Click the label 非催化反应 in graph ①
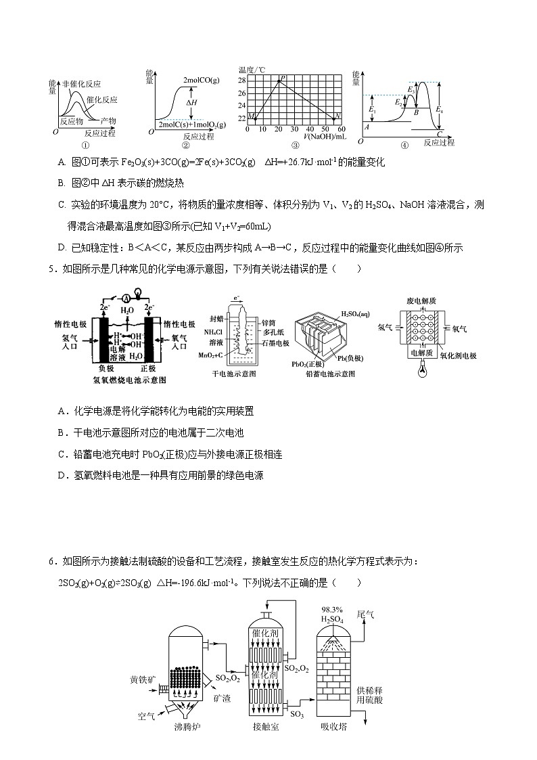click(x=80, y=83)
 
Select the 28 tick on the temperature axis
click(x=243, y=80)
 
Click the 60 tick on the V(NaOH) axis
click(x=342, y=129)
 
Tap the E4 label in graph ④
click(x=440, y=109)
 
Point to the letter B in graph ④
click(x=417, y=112)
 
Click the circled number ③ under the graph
click(x=295, y=145)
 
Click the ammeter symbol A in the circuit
click(x=125, y=297)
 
